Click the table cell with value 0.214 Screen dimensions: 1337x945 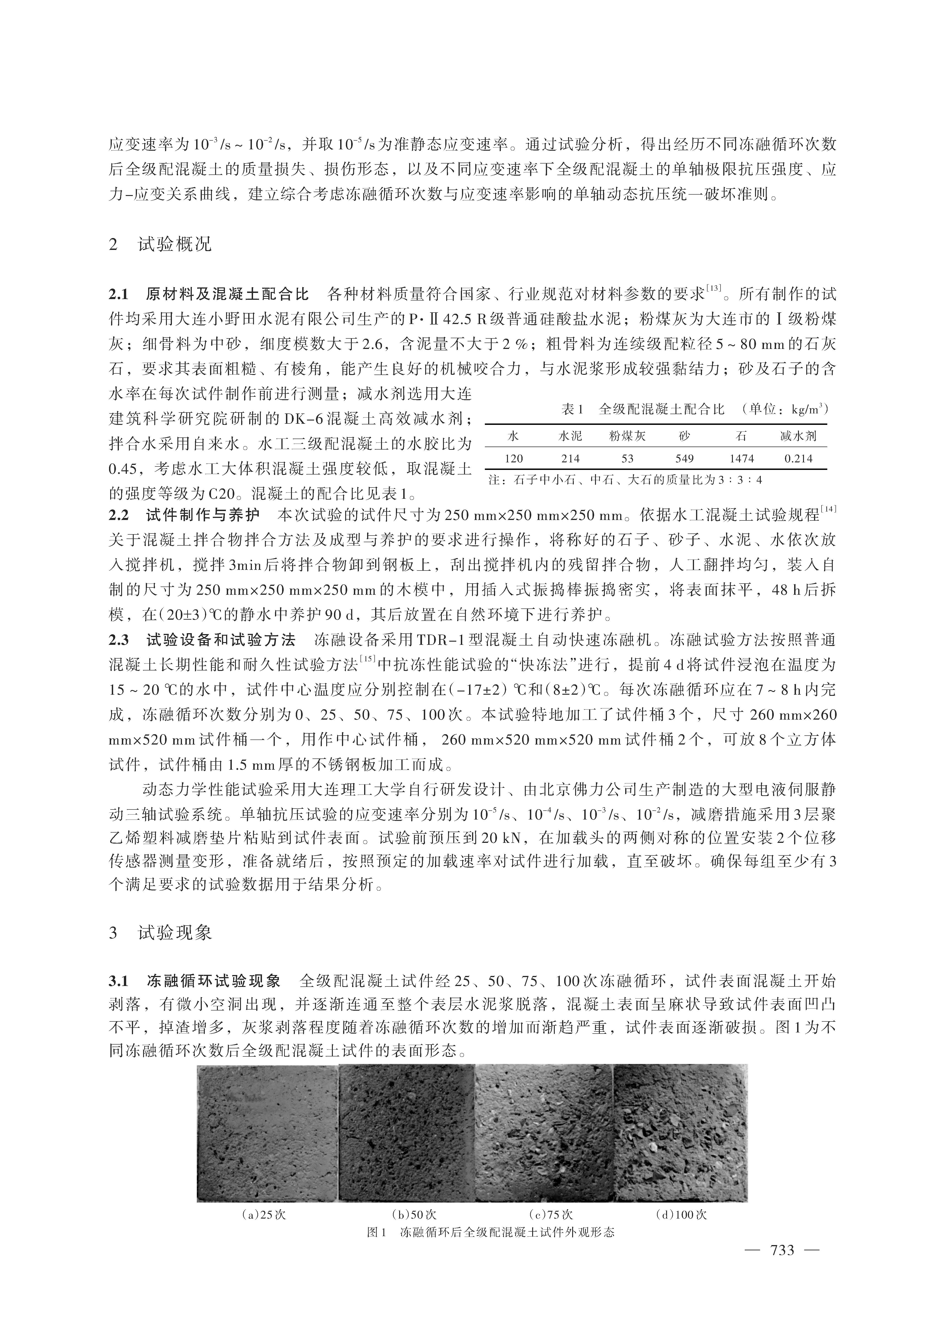798,459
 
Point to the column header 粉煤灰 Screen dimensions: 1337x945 627,436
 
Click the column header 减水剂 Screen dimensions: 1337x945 798,436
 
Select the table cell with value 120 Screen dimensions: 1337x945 514,459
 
